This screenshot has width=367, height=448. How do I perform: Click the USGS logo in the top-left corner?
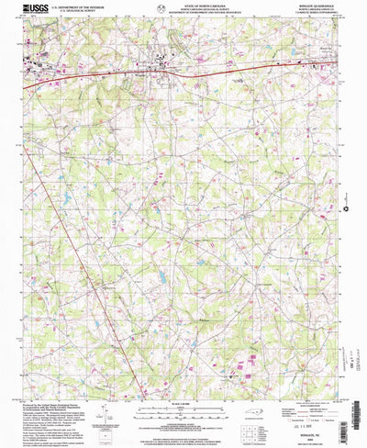[38, 9]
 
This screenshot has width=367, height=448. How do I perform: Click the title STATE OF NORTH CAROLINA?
[183, 6]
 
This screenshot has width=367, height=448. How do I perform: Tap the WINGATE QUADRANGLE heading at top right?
[317, 6]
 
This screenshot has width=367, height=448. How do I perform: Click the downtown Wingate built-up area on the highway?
[165, 64]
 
